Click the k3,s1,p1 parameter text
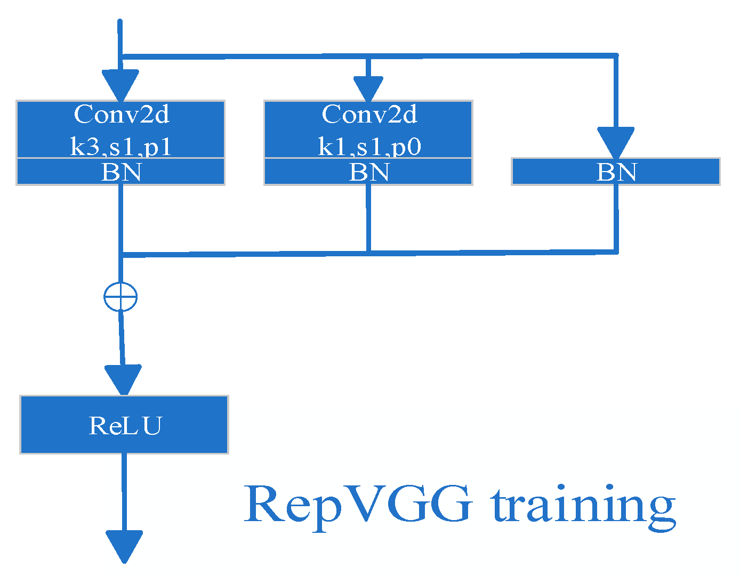(x=121, y=147)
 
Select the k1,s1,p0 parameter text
(x=369, y=147)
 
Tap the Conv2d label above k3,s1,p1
(x=122, y=114)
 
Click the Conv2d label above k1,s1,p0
(x=369, y=114)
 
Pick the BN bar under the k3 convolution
(x=121, y=172)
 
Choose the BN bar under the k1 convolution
(x=369, y=172)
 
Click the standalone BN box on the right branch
(x=616, y=172)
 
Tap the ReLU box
(x=124, y=425)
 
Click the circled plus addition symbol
(x=120, y=297)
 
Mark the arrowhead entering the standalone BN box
(x=616, y=142)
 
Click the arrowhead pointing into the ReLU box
(x=124, y=379)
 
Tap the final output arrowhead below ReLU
(x=124, y=546)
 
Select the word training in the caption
(x=583, y=505)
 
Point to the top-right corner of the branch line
(x=616, y=55)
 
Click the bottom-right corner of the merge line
(x=616, y=251)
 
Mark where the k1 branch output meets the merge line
(x=368, y=252)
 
